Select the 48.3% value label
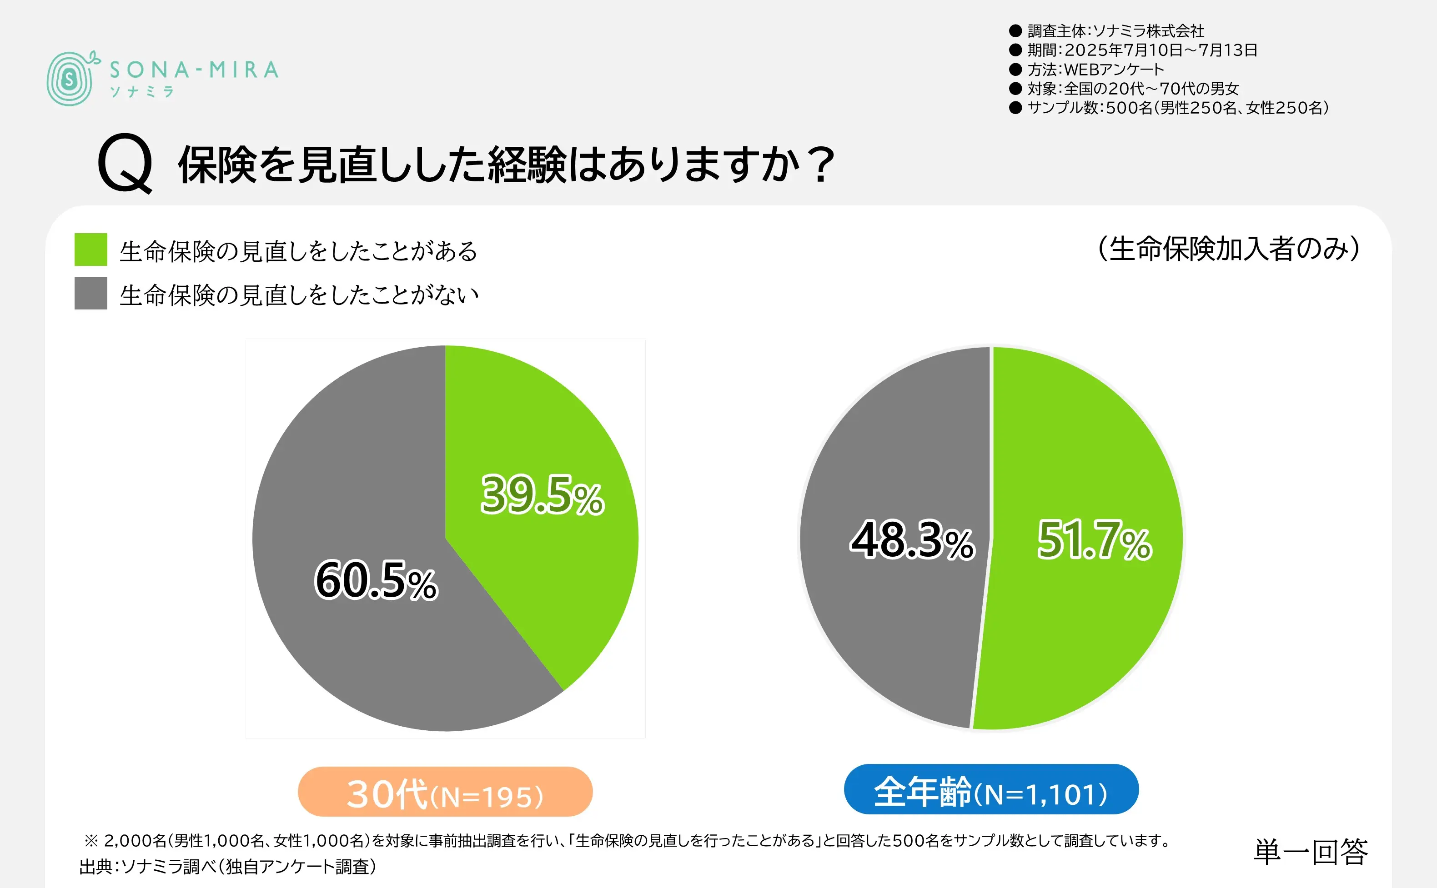(x=912, y=540)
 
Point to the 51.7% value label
(x=1094, y=540)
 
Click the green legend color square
(x=90, y=249)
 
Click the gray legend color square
(x=90, y=293)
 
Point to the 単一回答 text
(x=1310, y=852)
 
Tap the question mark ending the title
(x=821, y=164)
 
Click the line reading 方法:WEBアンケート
(x=1095, y=69)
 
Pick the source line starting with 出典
(x=228, y=867)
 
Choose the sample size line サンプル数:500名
(x=1177, y=107)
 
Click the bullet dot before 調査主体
(x=1015, y=30)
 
